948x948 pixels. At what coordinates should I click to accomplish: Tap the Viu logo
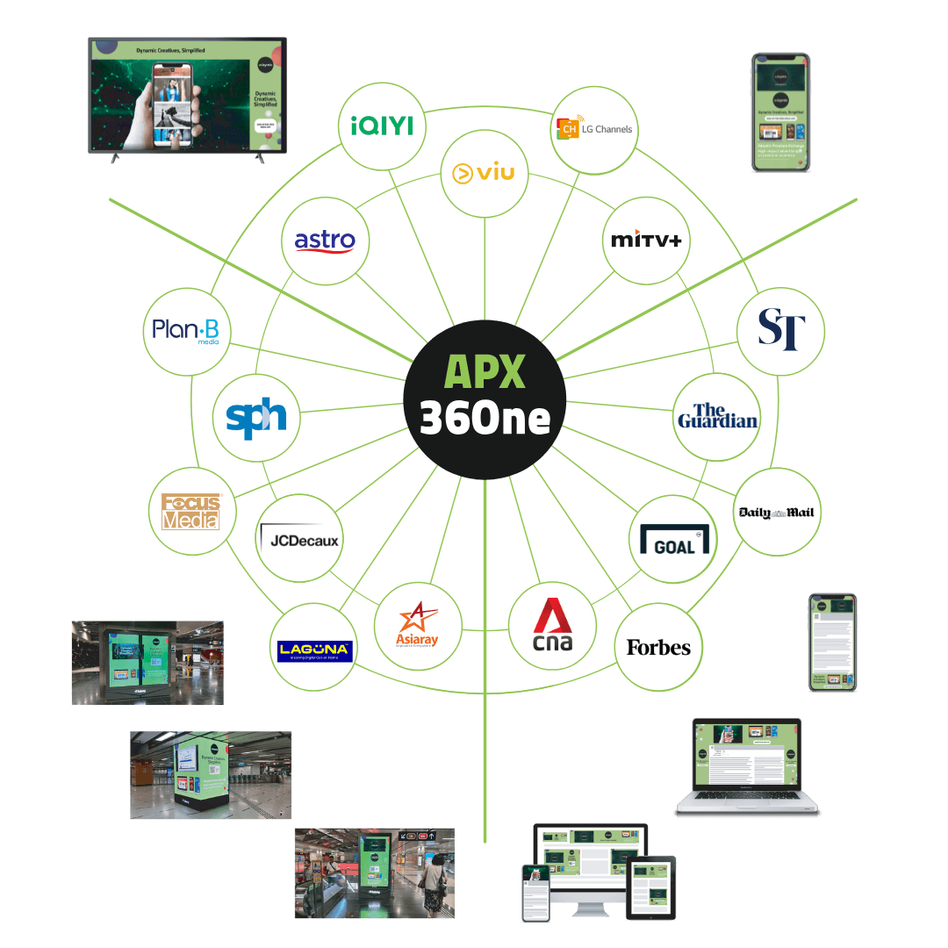tap(484, 173)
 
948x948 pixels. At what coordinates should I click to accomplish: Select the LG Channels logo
tap(593, 130)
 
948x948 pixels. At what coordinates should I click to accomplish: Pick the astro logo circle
tap(325, 240)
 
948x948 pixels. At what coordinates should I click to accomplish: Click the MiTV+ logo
tap(646, 240)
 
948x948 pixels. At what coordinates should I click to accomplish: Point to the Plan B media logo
tap(186, 331)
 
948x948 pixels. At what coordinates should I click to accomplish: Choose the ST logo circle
tap(780, 329)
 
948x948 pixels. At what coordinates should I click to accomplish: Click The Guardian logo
tap(717, 416)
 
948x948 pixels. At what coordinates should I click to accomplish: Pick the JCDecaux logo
tap(298, 539)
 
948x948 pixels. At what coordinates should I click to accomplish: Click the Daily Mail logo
tap(778, 513)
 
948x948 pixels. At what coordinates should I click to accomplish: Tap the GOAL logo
tap(673, 539)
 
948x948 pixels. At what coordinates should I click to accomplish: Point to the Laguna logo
tap(314, 650)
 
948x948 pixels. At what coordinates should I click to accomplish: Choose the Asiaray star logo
tap(417, 625)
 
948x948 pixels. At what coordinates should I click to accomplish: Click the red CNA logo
tap(552, 626)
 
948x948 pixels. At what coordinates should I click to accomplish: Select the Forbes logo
tap(658, 648)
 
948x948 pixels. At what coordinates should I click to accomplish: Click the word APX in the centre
tap(485, 372)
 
